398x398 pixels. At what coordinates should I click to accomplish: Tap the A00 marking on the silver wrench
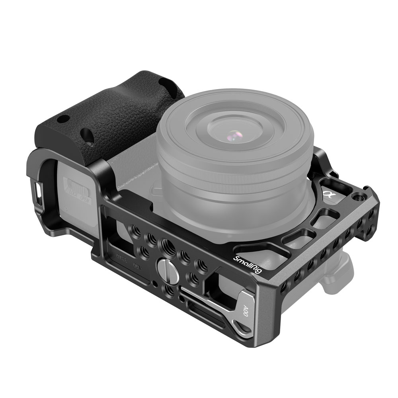(246, 311)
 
